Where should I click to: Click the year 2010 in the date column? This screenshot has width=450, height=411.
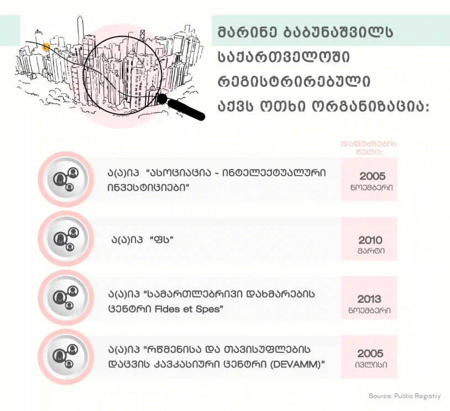370,240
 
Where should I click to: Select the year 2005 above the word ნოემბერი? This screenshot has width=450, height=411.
372,176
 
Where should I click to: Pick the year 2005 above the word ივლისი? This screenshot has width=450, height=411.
370,354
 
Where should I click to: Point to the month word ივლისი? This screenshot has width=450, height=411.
370,365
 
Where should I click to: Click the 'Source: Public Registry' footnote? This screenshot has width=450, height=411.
405,396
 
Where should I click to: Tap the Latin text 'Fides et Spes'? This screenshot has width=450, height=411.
193,309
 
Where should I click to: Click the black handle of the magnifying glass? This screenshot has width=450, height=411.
186,108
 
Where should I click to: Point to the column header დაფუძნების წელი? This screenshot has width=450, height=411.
369,147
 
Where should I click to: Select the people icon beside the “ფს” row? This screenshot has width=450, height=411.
65,239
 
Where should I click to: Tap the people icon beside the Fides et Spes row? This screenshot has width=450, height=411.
65,298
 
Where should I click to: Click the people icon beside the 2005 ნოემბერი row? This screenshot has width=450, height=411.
65,179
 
